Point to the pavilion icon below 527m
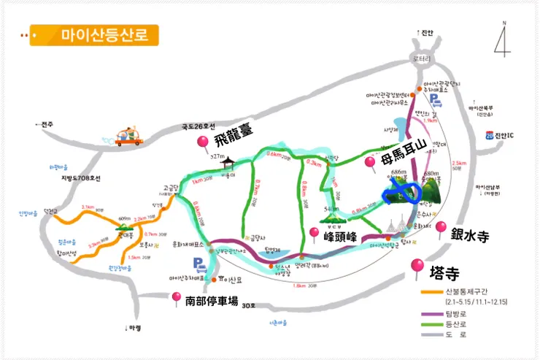(x=229, y=164)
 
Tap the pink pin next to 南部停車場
(x=176, y=296)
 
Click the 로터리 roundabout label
(x=422, y=58)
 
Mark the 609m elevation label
(x=125, y=218)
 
